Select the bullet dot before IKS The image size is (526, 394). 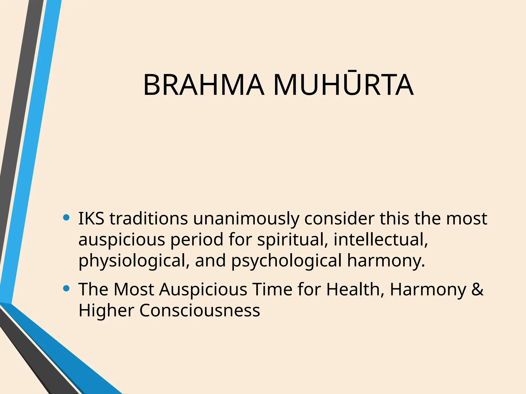66,218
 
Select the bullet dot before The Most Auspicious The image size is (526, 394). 66,289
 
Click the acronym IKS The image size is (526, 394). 91,219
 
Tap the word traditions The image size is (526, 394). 149,219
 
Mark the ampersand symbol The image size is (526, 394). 477,289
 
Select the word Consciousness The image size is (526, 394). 200,310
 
